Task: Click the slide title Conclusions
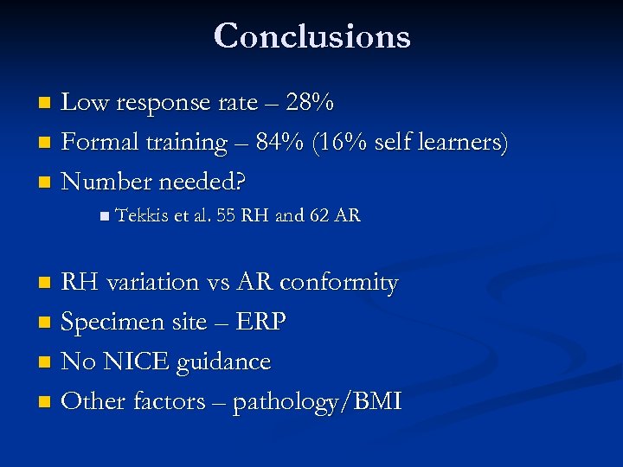pyautogui.click(x=311, y=36)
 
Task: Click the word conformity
pyautogui.click(x=338, y=283)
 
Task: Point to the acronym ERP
pyautogui.click(x=260, y=323)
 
